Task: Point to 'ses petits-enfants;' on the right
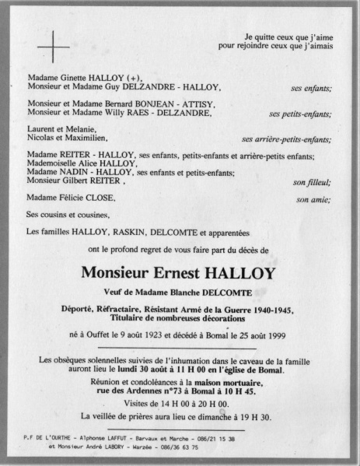pos(300,114)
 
